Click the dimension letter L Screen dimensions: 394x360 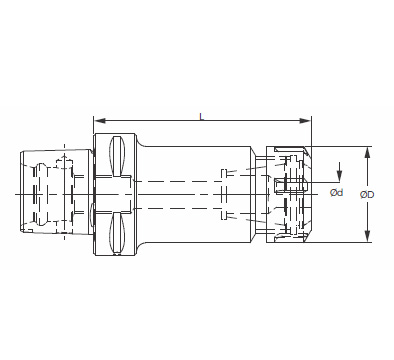point(202,116)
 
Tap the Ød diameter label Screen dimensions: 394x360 point(337,192)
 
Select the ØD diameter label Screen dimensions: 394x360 point(367,194)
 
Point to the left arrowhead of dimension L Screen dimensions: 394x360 point(100,120)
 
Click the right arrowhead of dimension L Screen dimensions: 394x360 point(305,120)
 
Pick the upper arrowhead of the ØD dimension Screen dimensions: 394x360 point(367,152)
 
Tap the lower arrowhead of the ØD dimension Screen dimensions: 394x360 point(367,236)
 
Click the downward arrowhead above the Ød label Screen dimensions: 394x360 point(339,176)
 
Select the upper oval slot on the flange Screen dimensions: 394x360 point(117,156)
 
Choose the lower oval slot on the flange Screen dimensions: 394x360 point(117,233)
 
